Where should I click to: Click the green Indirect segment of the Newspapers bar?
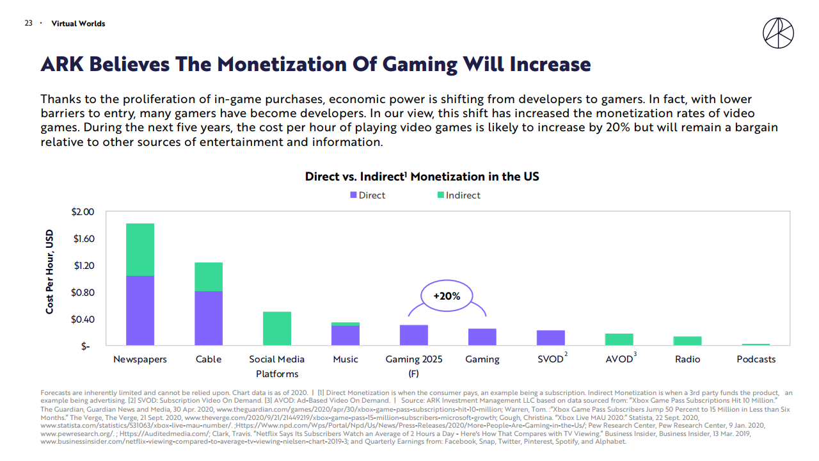(x=139, y=250)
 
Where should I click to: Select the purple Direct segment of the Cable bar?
(x=209, y=318)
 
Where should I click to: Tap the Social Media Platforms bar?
(x=277, y=328)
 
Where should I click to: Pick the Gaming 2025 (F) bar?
(x=414, y=336)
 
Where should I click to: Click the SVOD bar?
(x=550, y=338)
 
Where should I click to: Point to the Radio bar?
(x=687, y=341)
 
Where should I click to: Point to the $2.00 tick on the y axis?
(x=81, y=212)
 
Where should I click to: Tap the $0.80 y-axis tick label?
(x=81, y=293)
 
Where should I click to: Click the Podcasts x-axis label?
(x=756, y=359)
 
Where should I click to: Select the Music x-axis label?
(x=346, y=359)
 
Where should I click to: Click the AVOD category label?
(x=619, y=359)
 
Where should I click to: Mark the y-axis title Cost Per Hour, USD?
(x=50, y=272)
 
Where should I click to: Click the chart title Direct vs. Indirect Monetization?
(x=422, y=176)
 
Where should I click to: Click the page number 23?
(x=28, y=24)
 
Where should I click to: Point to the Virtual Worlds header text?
(x=78, y=24)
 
